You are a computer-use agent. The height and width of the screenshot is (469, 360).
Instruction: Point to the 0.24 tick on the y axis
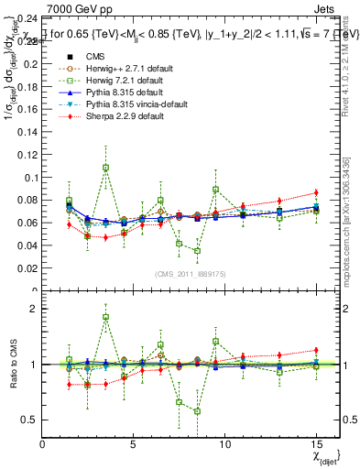pyautogui.click(x=27, y=18)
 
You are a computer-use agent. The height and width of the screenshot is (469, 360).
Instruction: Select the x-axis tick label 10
pyautogui.click(x=224, y=443)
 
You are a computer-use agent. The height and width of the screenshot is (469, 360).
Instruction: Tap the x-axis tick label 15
pyautogui.click(x=316, y=443)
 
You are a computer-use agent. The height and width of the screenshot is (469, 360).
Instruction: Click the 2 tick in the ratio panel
pyautogui.click(x=35, y=309)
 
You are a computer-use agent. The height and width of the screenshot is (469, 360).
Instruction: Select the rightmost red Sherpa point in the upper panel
pyautogui.click(x=316, y=192)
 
